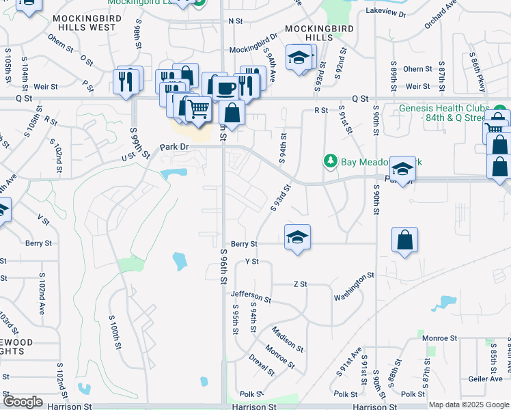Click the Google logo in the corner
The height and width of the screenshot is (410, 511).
click(23, 402)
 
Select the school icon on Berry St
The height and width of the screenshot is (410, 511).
click(297, 237)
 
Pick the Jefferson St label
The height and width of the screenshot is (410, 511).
click(251, 296)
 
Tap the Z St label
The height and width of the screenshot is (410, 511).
click(300, 284)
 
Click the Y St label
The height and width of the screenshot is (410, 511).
click(251, 261)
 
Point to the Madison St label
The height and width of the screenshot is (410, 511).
click(287, 338)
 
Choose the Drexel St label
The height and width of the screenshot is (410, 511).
click(261, 364)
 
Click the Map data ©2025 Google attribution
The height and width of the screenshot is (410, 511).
click(469, 405)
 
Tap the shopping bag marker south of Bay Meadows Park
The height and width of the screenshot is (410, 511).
click(404, 240)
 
